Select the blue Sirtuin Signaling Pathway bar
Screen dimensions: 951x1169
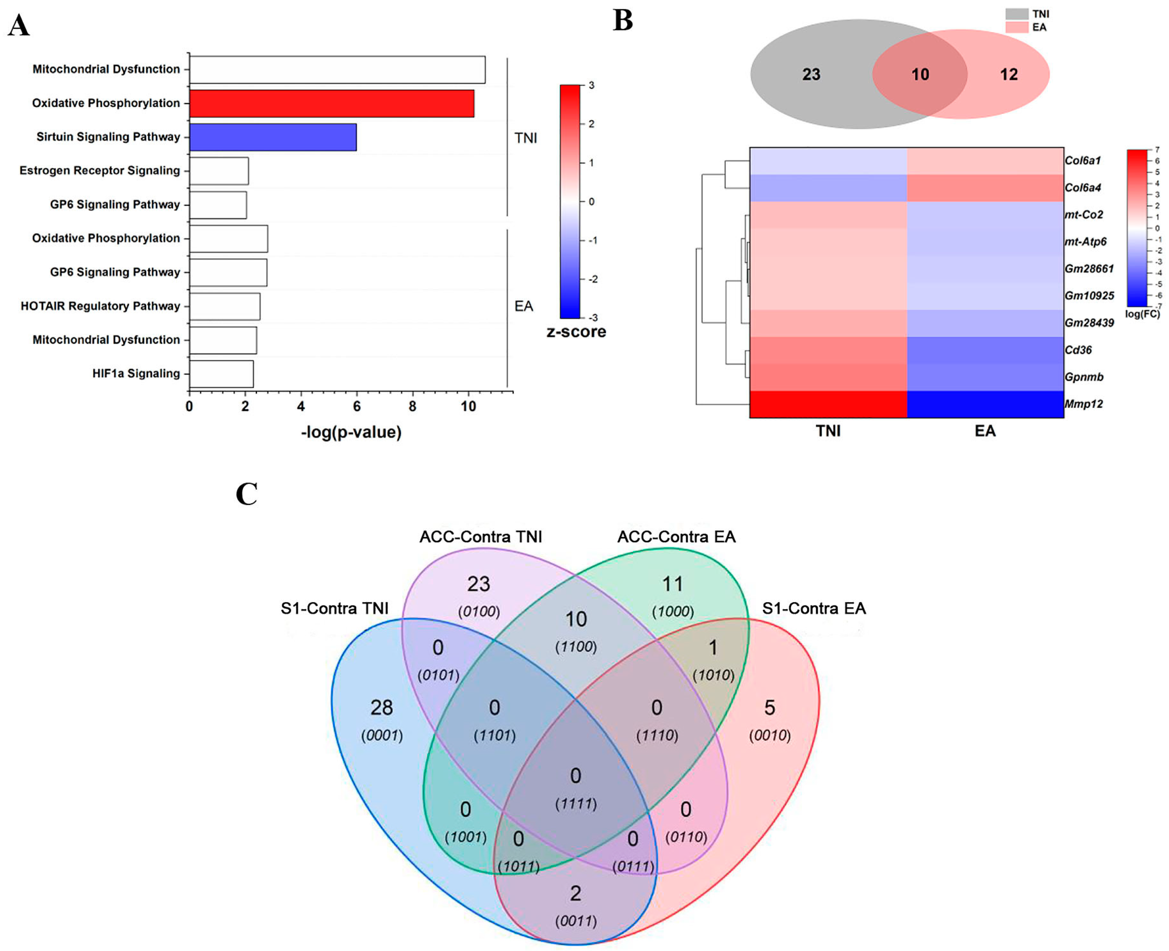click(273, 137)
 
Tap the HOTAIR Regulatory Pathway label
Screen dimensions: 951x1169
click(100, 306)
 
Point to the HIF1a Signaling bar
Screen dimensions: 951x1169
click(221, 374)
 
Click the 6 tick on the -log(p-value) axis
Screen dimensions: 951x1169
click(356, 406)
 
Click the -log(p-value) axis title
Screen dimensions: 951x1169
click(351, 432)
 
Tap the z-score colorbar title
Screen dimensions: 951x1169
click(576, 332)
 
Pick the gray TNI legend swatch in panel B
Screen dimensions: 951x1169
click(1016, 14)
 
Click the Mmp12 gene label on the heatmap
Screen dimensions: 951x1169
click(1083, 404)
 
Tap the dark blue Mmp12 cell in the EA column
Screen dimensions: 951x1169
click(985, 404)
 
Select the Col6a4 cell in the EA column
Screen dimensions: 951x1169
click(985, 187)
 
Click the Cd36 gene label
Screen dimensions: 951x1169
click(1077, 349)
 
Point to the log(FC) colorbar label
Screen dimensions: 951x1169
click(1142, 314)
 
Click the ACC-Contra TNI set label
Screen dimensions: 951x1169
click(480, 536)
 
